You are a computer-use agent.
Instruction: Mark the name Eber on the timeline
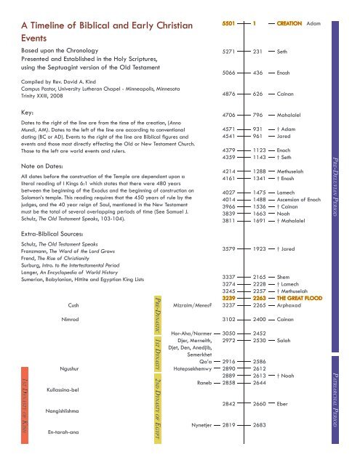tap(284, 424)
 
